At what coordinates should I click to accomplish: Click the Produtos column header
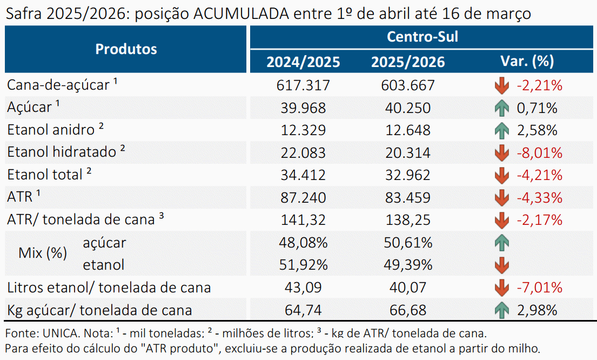point(126,49)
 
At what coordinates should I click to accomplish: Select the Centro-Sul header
point(422,37)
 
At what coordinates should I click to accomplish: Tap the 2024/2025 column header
point(303,62)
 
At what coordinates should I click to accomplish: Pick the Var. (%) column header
point(527,61)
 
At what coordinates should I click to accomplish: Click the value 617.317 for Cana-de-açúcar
point(303,85)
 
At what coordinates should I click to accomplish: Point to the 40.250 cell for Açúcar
point(408,108)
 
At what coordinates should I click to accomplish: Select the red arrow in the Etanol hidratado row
point(502,153)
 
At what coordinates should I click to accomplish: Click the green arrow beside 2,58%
point(502,131)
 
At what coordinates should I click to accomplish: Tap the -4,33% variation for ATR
point(540,198)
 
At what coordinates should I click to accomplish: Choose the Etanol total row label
point(45,175)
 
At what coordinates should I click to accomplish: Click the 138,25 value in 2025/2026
point(408,220)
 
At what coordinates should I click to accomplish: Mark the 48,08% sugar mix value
point(303,242)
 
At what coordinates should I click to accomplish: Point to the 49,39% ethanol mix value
point(408,265)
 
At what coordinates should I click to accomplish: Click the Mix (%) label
point(43,253)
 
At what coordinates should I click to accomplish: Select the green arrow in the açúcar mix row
point(502,243)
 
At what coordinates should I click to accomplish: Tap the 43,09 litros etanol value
point(303,287)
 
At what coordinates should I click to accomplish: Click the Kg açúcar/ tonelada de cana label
point(99,310)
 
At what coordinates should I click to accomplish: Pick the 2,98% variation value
point(537,310)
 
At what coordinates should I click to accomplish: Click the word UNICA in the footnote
point(60,334)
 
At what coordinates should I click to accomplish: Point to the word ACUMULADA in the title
point(241,14)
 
